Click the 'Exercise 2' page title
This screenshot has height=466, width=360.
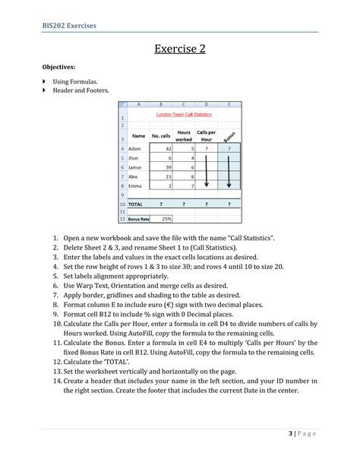coord(180,50)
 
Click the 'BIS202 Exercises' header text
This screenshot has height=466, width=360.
coord(69,26)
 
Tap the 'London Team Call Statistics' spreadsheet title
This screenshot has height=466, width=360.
coord(184,114)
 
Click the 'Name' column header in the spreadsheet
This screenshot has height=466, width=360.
coord(138,136)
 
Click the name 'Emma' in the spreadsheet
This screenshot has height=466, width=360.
coord(136,185)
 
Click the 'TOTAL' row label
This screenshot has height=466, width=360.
coord(136,204)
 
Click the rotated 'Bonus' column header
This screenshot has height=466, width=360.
coord(229,135)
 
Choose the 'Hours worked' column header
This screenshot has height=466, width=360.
coord(184,136)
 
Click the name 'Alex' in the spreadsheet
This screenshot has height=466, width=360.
coord(135,176)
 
